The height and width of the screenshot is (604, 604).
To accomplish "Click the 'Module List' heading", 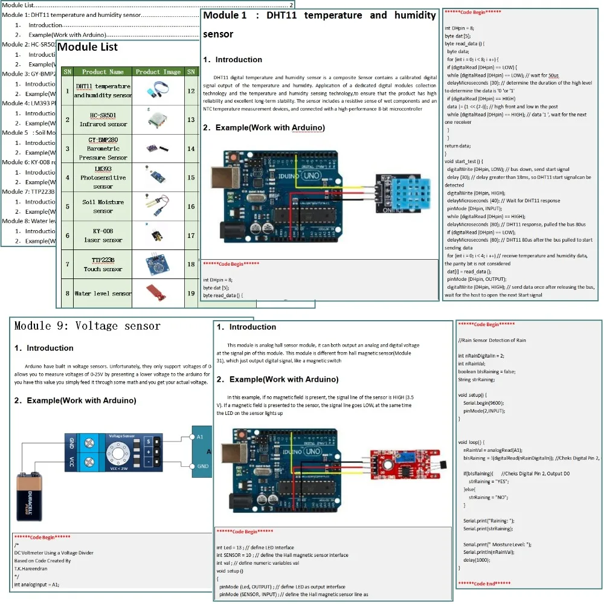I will [88, 47].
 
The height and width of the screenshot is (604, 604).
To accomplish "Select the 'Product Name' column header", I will [103, 72].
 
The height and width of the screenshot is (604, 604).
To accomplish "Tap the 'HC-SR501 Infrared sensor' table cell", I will [103, 120].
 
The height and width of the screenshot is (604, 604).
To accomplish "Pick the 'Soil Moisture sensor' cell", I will [103, 207].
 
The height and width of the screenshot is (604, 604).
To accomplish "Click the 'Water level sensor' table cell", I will [103, 294].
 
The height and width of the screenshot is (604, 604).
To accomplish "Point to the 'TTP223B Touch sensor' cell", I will [103, 265].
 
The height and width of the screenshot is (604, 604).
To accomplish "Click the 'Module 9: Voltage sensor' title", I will [88, 326].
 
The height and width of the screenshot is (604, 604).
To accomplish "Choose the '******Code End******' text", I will [484, 583].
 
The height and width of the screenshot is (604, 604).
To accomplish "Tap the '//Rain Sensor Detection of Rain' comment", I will [492, 340].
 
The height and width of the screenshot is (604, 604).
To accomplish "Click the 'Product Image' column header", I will [158, 72].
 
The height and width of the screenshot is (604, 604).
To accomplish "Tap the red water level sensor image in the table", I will [158, 294].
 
